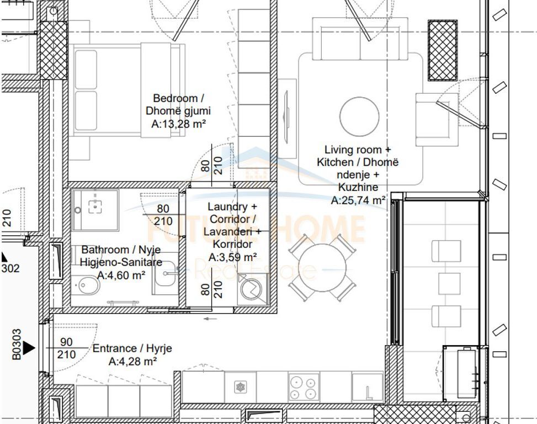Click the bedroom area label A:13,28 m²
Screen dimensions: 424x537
coord(178,125)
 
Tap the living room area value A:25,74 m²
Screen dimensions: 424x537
coord(358,201)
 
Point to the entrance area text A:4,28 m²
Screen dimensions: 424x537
coord(132,362)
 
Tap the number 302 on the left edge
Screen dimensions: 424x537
coord(10,269)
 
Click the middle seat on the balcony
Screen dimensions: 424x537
coord(449,283)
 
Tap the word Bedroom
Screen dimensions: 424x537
coord(175,98)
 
